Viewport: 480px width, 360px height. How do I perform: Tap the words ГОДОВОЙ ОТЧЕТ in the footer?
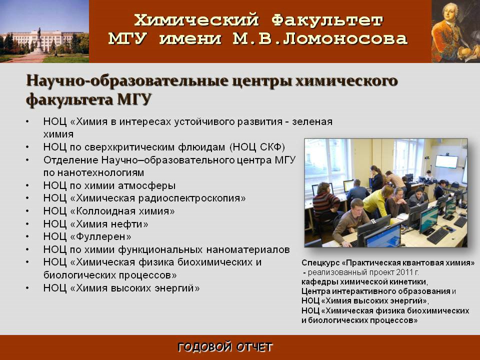(x=225, y=347)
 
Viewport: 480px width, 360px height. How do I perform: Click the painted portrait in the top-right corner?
(x=455, y=31)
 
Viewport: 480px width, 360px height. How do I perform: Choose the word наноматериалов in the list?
(x=248, y=250)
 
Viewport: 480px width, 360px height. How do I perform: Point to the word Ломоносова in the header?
(x=344, y=39)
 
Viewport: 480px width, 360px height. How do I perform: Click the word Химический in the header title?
(x=196, y=20)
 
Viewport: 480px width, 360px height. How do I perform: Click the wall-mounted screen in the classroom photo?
(x=446, y=161)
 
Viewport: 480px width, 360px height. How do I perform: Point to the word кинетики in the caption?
(x=411, y=281)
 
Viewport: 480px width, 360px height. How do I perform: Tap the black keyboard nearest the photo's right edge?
(x=460, y=221)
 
